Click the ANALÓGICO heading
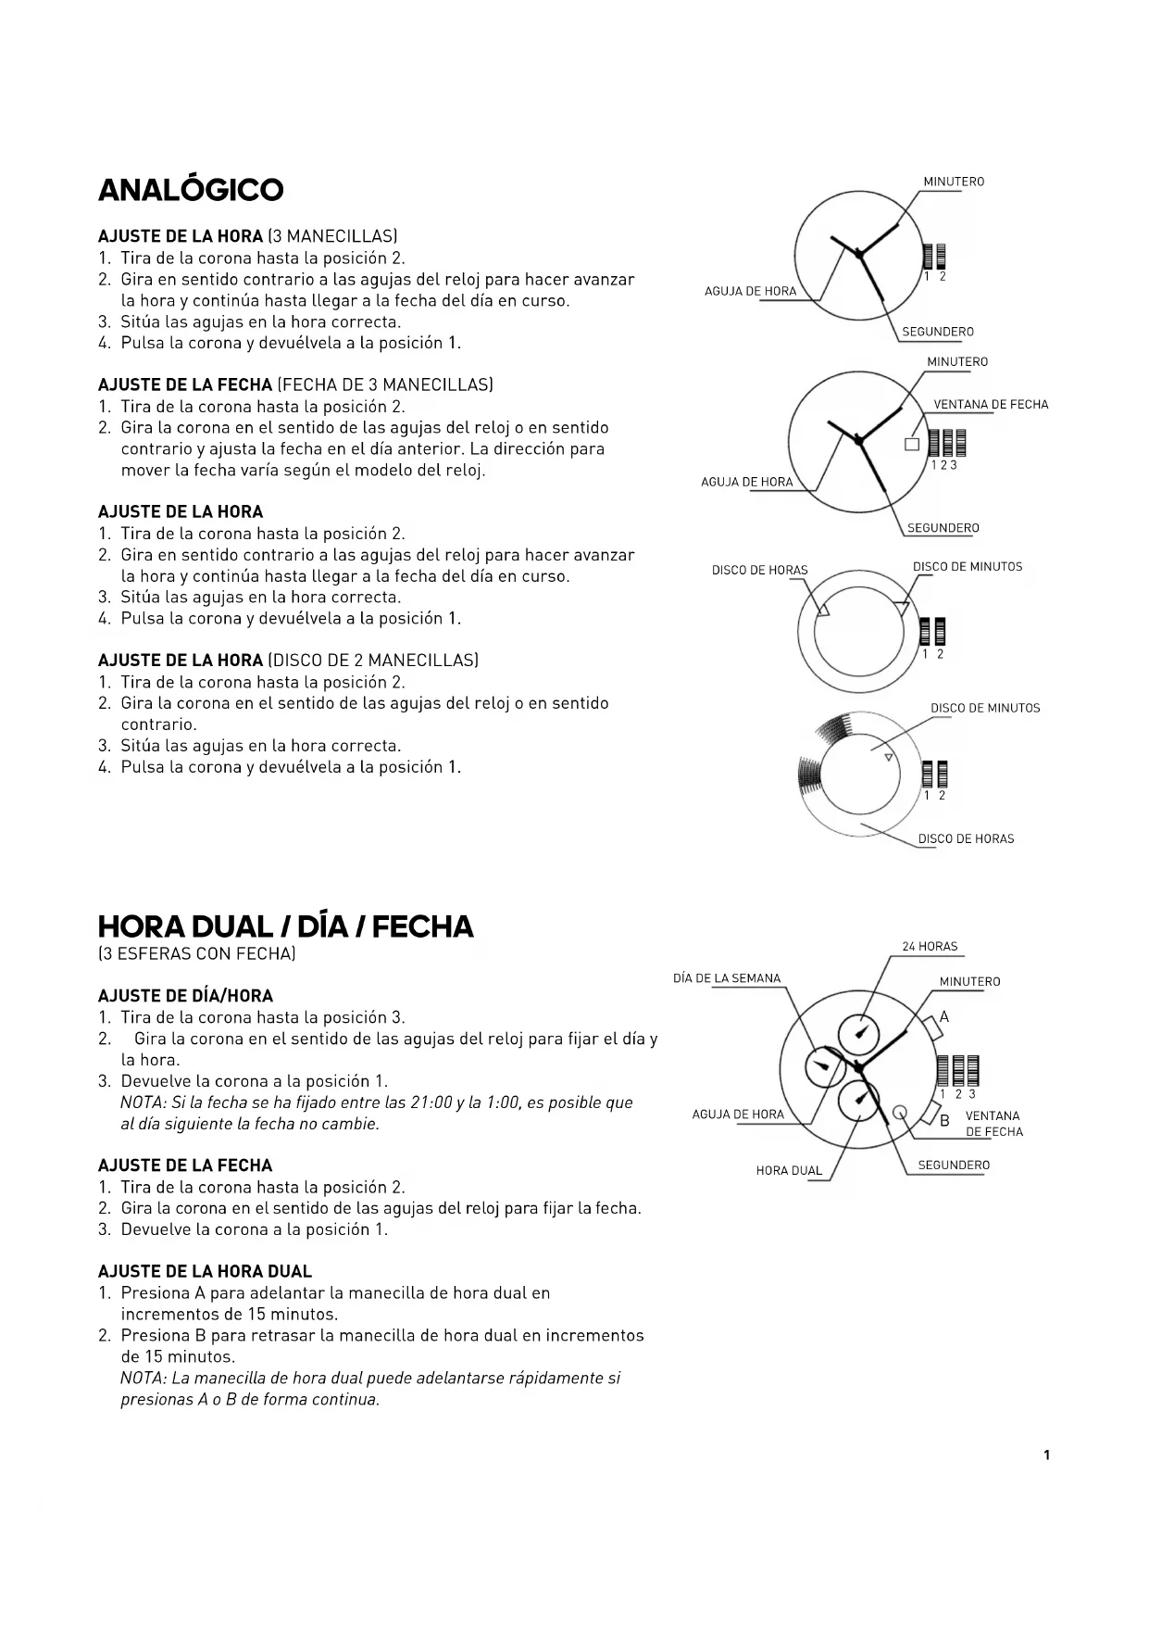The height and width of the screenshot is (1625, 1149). click(191, 190)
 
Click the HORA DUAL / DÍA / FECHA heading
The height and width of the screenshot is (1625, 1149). click(285, 926)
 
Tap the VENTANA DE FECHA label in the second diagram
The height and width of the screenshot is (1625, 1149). click(991, 405)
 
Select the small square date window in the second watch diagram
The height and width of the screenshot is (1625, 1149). click(912, 444)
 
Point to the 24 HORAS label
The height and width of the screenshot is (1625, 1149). click(930, 947)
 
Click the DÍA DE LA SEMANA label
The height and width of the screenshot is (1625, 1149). click(727, 978)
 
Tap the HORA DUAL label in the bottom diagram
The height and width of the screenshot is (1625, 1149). click(789, 1171)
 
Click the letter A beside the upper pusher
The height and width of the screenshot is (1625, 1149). click(944, 1017)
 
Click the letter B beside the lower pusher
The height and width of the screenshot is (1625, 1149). click(945, 1121)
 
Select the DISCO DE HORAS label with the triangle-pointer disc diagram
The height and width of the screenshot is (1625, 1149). click(759, 571)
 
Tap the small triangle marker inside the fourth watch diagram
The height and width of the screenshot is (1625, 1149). click(888, 758)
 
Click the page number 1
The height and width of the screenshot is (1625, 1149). click(1047, 1455)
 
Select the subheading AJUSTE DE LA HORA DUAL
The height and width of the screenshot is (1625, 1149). click(205, 1272)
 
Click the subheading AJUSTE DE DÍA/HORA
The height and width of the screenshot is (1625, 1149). click(185, 997)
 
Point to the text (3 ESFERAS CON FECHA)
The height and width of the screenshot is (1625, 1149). click(196, 954)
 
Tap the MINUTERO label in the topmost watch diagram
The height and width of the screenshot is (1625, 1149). click(954, 183)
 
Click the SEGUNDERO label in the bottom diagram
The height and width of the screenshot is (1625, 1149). click(954, 1165)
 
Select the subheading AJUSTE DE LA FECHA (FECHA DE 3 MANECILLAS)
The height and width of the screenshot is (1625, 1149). click(295, 385)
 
